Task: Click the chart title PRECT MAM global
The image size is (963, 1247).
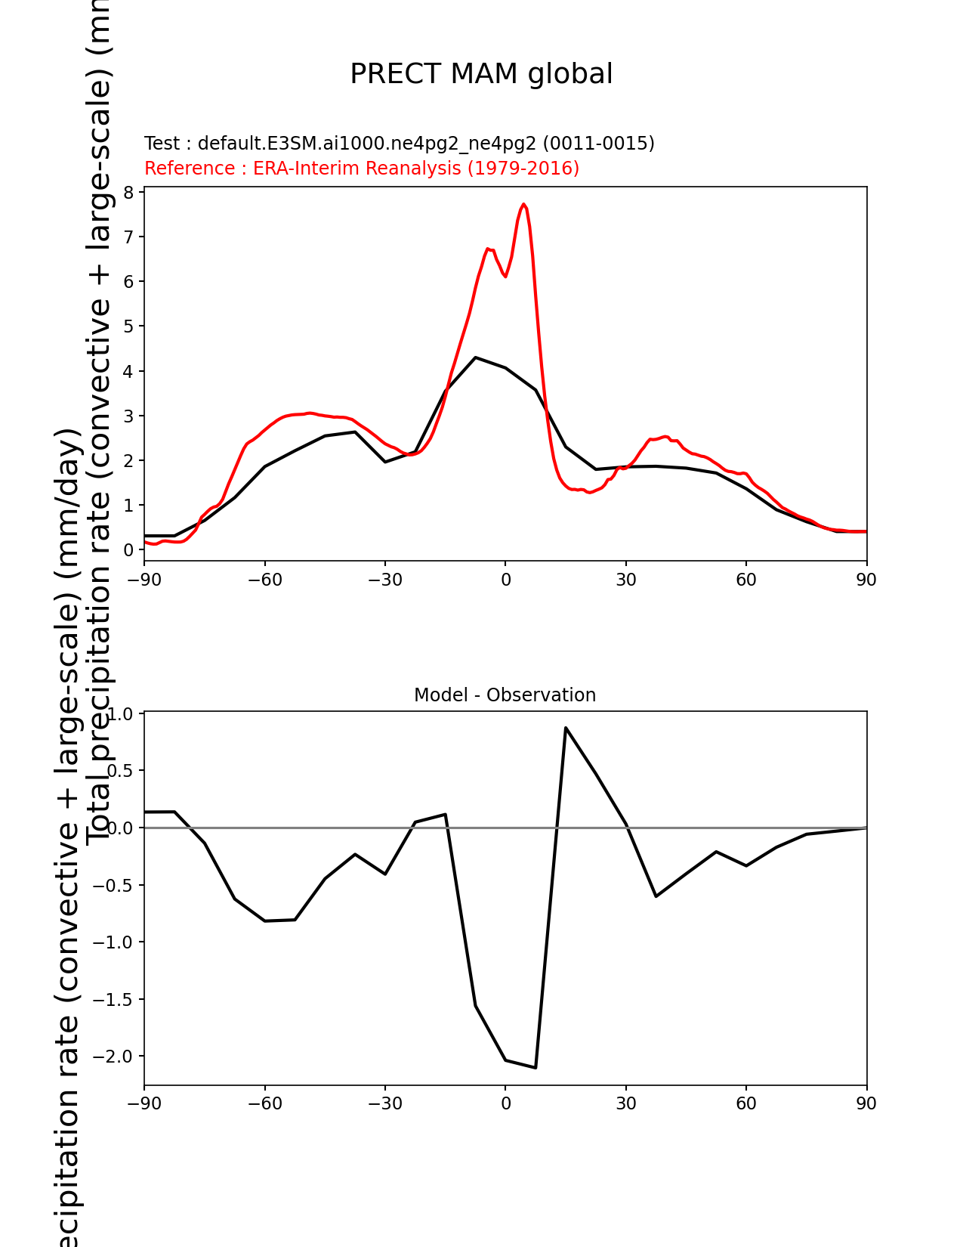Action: coord(481,74)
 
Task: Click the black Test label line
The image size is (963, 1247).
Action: coord(399,144)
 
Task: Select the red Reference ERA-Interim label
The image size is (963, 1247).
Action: coord(362,169)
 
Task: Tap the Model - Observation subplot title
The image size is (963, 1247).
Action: coord(505,695)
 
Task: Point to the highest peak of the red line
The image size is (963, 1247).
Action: coord(523,204)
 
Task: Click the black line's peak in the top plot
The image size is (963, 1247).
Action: coord(475,357)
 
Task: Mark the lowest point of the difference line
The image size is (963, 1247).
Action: coord(536,1068)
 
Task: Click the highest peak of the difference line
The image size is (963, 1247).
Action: coord(566,728)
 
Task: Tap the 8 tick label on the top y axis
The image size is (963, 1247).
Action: coord(129,193)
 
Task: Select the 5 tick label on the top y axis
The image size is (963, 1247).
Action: coord(129,326)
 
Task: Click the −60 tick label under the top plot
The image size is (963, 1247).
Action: coord(264,580)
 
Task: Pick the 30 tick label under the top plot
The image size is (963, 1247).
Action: coord(625,580)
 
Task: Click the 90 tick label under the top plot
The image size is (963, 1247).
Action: coord(866,580)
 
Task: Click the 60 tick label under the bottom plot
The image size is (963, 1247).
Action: coord(746,1104)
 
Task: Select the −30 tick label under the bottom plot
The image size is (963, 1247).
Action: coord(384,1104)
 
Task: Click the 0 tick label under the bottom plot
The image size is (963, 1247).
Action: coord(505,1104)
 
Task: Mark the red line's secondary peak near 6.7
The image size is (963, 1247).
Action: coord(488,249)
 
